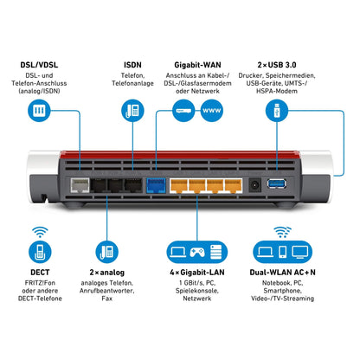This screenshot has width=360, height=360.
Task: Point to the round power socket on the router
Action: pyautogui.click(x=256, y=183)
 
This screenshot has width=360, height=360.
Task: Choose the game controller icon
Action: pyautogui.click(x=198, y=252)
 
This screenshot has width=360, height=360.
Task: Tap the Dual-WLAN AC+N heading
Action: pyautogui.click(x=281, y=272)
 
